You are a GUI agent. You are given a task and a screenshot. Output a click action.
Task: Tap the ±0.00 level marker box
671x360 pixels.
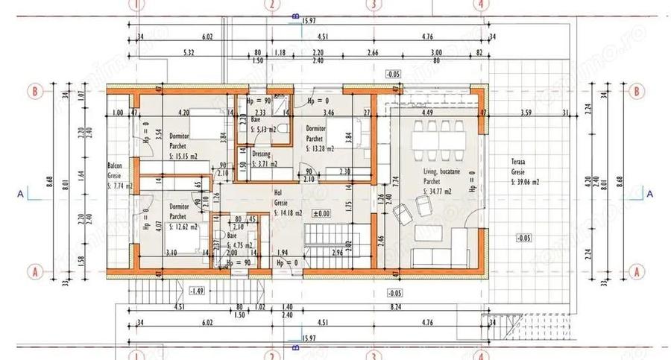[321, 213]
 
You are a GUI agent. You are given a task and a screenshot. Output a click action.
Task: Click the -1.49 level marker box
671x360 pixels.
[198, 291]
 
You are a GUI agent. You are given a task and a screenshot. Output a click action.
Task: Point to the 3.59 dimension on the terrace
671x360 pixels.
[526, 113]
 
